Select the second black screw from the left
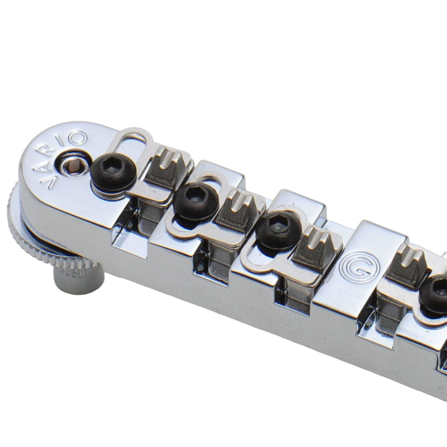(x=195, y=202)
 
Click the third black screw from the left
(x=277, y=229)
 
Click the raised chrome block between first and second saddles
(x=215, y=174)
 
